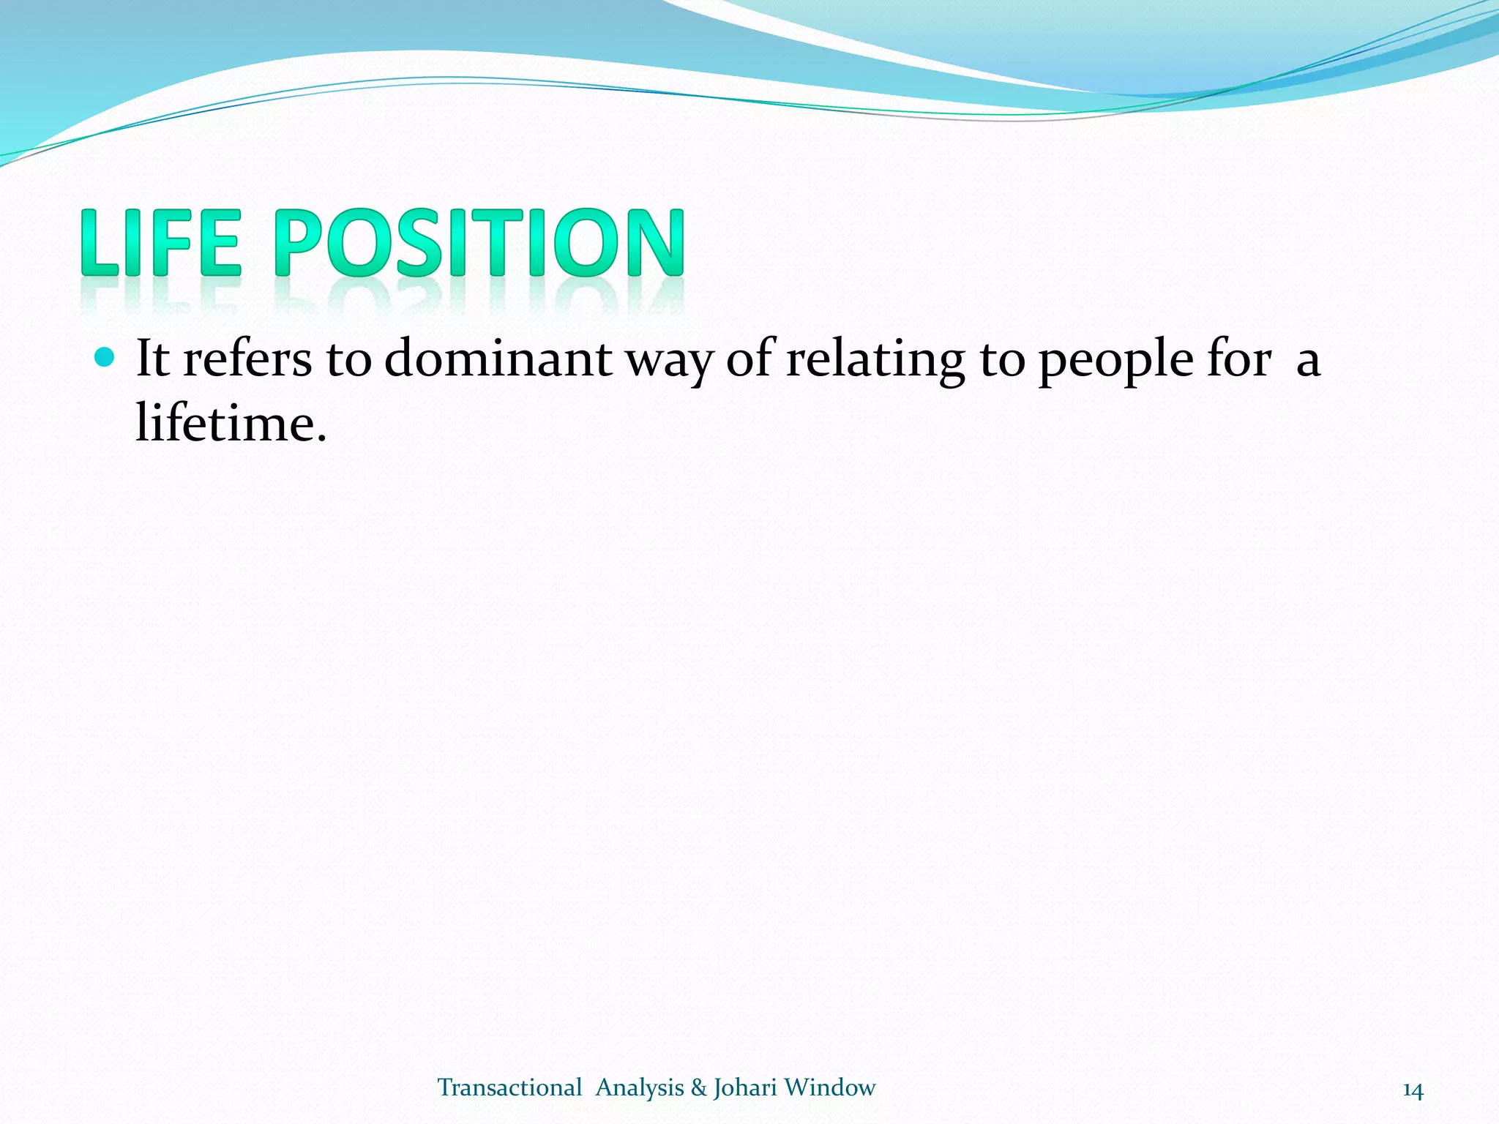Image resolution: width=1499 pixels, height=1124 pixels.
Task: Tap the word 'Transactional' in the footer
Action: point(509,1088)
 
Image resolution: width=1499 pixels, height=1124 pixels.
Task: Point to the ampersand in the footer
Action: point(698,1088)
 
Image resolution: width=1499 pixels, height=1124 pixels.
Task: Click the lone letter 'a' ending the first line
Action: point(1308,362)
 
